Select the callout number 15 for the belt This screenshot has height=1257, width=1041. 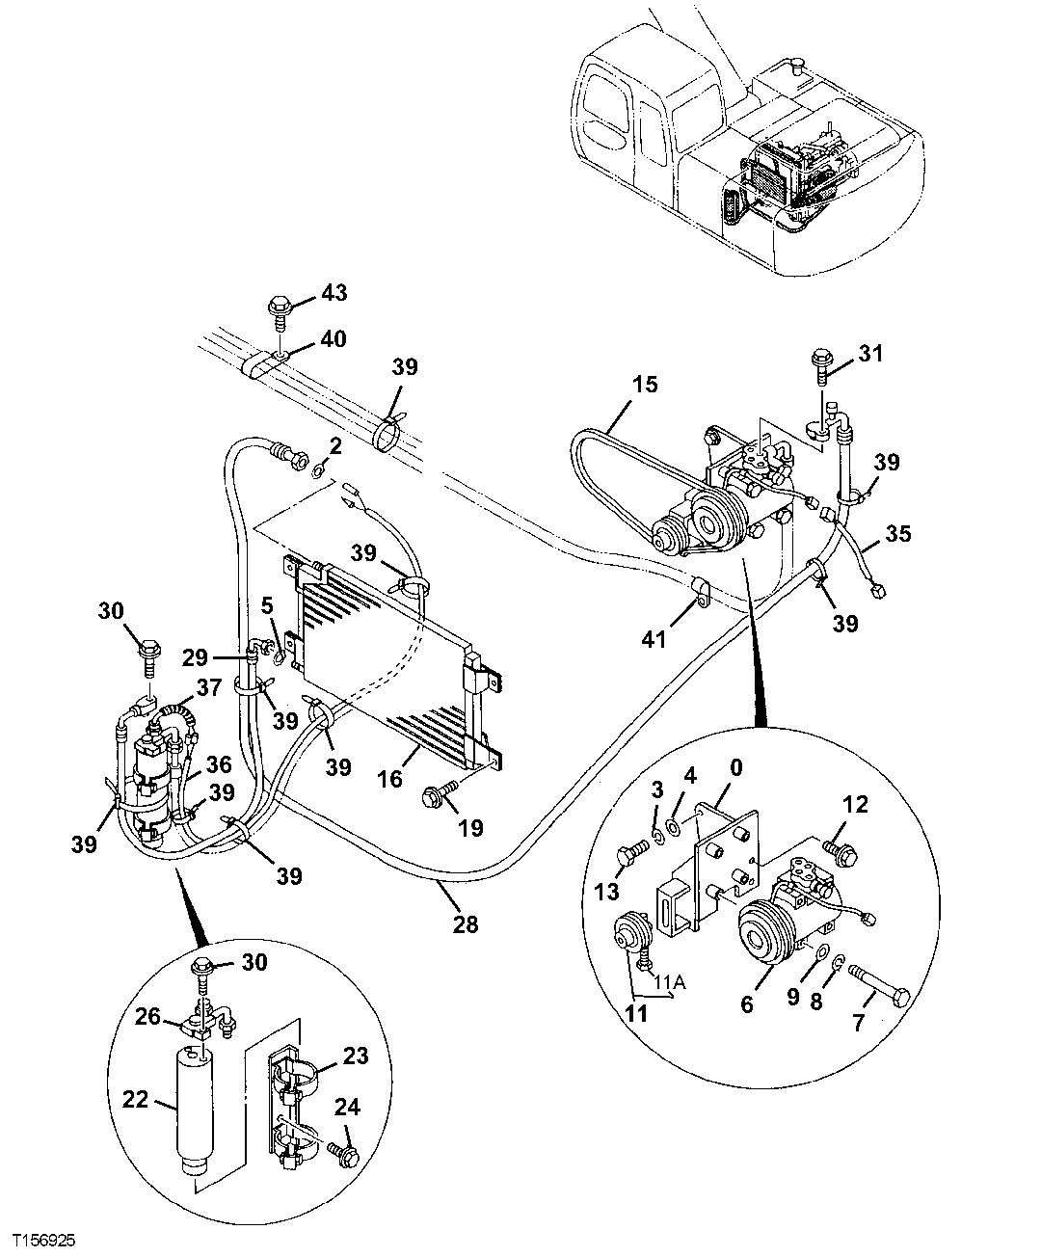[x=645, y=385]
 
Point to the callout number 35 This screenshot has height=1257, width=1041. [x=898, y=532]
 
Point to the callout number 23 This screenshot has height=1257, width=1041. [x=356, y=1056]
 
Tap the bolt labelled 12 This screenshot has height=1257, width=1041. [x=837, y=848]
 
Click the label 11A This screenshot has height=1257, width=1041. [x=671, y=984]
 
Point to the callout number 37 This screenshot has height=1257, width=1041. [x=209, y=686]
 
